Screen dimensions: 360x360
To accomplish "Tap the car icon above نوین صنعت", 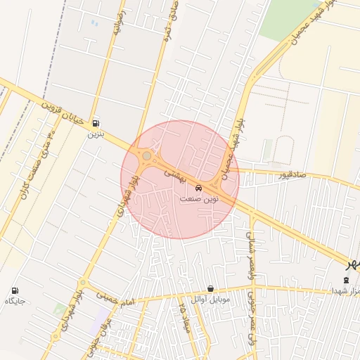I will coord(199,188).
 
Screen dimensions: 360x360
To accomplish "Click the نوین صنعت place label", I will coord(199,199).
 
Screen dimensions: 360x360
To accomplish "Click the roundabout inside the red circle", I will coord(146,156).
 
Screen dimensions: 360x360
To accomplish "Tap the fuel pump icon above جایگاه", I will coord(15,290).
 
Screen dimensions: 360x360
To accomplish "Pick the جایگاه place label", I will coord(15,301).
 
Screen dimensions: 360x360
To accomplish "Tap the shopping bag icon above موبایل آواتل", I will coord(210,288).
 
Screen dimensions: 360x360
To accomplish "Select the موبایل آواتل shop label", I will coord(210,299).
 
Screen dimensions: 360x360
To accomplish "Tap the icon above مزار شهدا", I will coord(345,280).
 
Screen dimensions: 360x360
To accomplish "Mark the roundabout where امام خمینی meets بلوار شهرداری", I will coord(84,283).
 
